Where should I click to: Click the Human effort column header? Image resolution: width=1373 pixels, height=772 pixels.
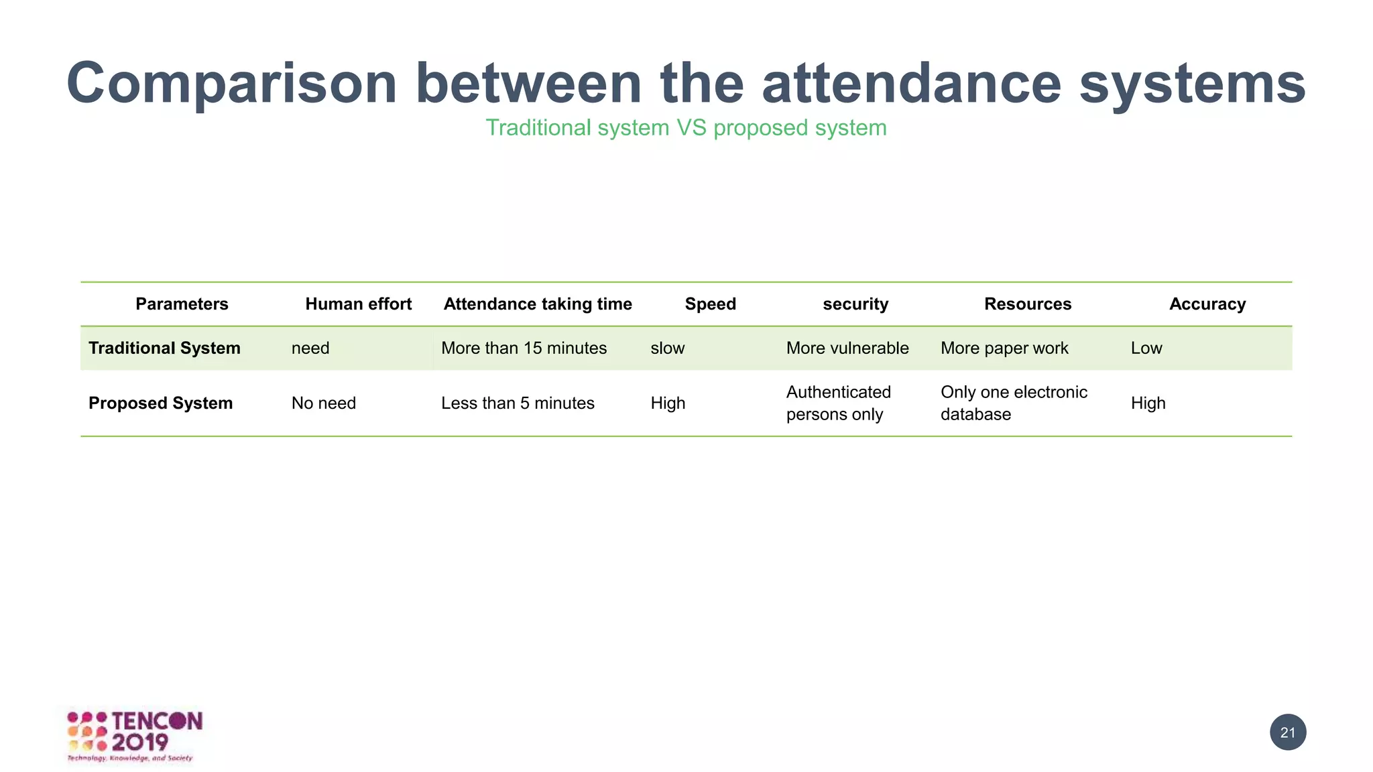358,304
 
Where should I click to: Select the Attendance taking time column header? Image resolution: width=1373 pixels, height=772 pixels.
538,304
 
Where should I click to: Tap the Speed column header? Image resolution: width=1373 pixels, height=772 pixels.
710,304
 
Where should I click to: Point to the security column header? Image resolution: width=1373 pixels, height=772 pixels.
855,304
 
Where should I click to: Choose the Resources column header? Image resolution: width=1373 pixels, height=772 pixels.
1028,304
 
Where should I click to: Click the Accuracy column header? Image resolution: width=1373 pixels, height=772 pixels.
1207,304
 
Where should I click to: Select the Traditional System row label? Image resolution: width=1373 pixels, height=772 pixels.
164,348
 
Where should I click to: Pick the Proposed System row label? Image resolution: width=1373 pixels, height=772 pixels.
161,403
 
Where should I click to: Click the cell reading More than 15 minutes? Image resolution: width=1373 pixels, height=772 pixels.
524,348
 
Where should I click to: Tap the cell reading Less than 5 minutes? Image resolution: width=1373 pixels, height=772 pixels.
518,403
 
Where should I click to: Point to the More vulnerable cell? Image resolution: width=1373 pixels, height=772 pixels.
847,348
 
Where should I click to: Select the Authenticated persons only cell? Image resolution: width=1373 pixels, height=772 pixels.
839,403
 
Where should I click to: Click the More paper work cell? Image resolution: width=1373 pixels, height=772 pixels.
1004,348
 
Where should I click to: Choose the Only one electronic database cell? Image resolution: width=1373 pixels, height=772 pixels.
1014,403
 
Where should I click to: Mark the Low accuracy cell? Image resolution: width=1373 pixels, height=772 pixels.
1146,348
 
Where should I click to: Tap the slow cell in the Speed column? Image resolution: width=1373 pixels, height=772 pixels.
668,348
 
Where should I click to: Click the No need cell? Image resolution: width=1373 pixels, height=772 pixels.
324,403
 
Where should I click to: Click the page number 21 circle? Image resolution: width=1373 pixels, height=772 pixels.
1288,732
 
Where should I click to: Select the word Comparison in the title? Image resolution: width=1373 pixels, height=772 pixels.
232,84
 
